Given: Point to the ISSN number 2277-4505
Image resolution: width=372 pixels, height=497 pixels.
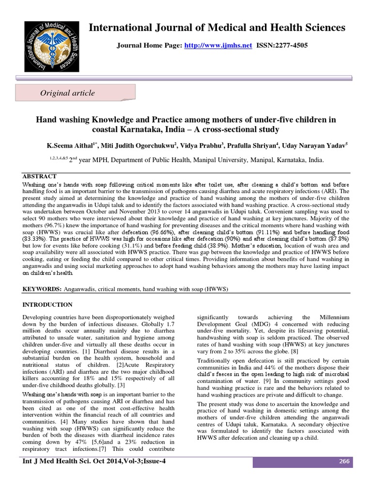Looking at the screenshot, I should (x=290, y=45).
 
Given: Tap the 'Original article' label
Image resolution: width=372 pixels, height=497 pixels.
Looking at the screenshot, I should (x=67, y=93).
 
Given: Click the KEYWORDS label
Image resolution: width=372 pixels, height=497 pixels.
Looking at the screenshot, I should (x=42, y=289).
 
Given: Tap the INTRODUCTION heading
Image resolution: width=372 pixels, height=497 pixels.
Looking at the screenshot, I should (x=48, y=305).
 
